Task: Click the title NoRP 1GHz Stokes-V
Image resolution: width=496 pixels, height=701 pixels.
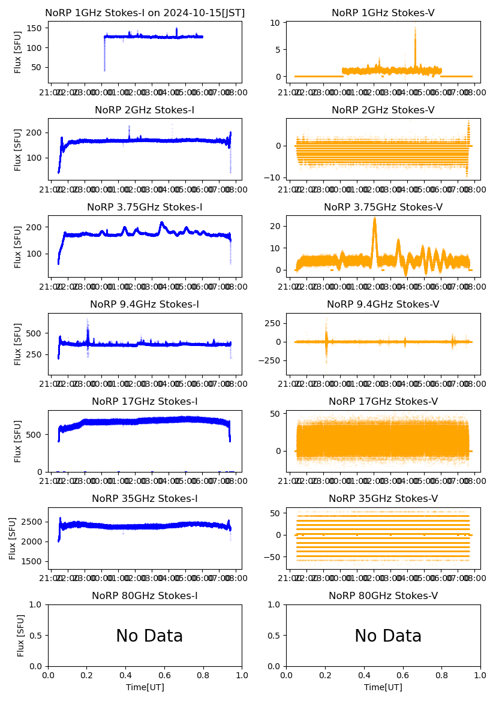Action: click(x=383, y=13)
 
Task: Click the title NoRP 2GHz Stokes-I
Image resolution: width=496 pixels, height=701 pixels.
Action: click(x=145, y=110)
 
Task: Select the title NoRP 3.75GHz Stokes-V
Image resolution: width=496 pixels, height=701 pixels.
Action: click(x=383, y=207)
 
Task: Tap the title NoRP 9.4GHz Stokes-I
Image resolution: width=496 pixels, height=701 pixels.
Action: click(x=145, y=305)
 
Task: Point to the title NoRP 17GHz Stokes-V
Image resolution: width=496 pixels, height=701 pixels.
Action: click(x=383, y=402)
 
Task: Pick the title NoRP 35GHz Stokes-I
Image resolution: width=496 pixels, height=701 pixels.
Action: click(x=145, y=499)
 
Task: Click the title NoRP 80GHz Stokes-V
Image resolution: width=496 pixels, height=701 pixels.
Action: click(x=383, y=596)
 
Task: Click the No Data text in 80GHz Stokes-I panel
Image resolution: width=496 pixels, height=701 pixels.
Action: click(x=149, y=636)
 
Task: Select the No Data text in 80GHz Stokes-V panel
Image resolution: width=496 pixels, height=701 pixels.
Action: click(x=388, y=636)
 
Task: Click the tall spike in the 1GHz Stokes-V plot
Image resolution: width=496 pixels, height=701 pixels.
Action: click(x=415, y=30)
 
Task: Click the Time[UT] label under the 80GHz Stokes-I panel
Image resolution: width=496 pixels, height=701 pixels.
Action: click(x=145, y=687)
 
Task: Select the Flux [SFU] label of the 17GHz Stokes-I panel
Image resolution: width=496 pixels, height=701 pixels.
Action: click(x=18, y=441)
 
